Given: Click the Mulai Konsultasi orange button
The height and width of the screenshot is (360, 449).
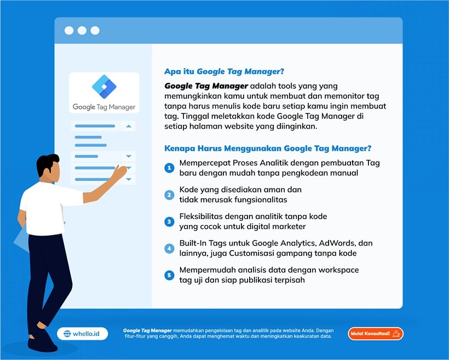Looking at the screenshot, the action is click(376, 334).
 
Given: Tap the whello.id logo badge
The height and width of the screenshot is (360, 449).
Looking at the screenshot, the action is click(83, 334).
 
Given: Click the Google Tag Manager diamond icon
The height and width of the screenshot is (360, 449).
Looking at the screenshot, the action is click(104, 87).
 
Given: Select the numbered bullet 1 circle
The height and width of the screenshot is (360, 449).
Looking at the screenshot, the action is click(169, 168).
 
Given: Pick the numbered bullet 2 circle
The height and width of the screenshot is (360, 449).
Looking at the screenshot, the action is click(169, 195).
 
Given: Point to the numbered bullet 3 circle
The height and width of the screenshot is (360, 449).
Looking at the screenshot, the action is click(169, 221).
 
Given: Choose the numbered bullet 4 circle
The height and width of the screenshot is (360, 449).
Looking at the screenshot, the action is click(169, 249).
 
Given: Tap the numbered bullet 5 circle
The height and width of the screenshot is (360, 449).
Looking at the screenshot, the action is click(169, 275).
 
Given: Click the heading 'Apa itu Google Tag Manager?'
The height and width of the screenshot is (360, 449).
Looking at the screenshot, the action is click(224, 72).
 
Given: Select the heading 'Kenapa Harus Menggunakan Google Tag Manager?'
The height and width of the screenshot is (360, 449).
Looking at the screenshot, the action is click(268, 148).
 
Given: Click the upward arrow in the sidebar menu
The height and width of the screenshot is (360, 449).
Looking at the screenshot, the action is click(129, 126).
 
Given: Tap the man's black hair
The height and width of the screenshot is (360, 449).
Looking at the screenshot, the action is click(47, 163).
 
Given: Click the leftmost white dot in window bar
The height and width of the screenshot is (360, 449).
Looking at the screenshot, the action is click(69, 30).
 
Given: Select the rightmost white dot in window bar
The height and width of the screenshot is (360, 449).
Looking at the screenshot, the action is click(95, 30).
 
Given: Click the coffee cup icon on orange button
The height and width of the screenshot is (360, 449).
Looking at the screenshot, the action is click(396, 334).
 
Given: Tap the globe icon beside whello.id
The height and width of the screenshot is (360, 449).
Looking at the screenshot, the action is click(67, 334).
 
